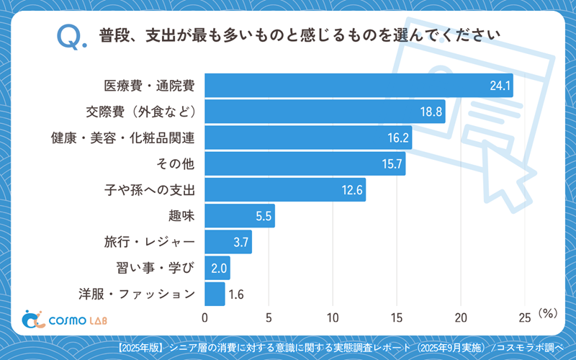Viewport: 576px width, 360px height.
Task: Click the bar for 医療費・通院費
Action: click(x=359, y=86)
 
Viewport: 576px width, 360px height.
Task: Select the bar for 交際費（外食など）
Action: click(x=325, y=112)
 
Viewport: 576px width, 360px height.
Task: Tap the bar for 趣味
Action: click(x=240, y=215)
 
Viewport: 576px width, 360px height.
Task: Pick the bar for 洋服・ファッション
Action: click(x=215, y=294)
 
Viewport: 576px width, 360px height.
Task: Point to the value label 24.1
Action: click(x=500, y=86)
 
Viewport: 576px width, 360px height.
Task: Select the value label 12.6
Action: click(x=351, y=189)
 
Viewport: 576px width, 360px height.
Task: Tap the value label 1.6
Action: click(x=236, y=294)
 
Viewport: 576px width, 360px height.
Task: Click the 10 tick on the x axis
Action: click(x=333, y=317)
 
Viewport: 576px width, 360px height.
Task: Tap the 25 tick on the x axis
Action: click(x=525, y=317)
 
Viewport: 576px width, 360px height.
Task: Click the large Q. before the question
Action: click(x=71, y=37)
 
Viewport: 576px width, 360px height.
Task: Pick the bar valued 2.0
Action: click(x=217, y=268)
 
